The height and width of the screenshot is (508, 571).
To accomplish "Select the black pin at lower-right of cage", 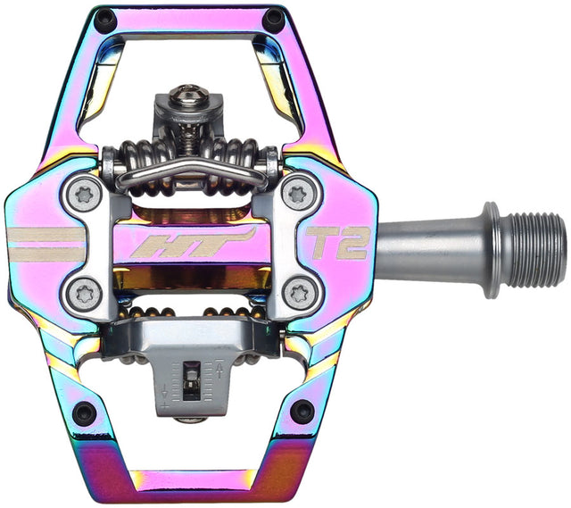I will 302,412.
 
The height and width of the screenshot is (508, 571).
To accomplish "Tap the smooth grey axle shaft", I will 428,247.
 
